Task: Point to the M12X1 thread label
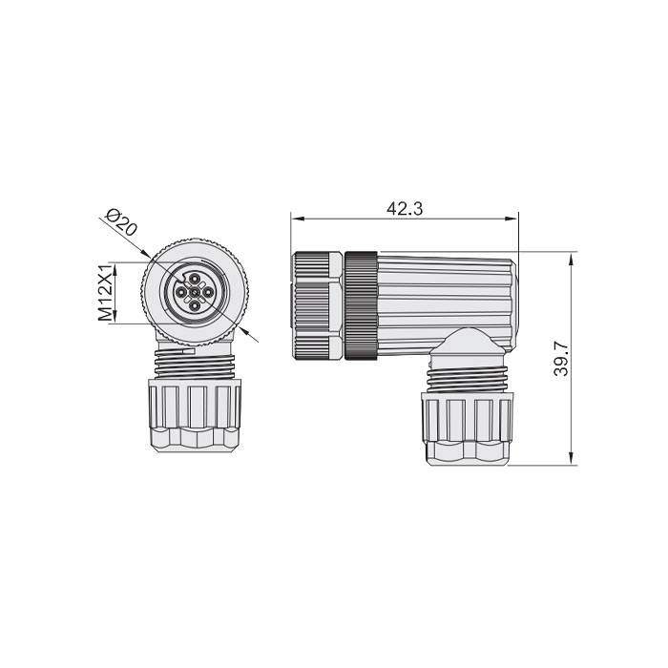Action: click(x=106, y=292)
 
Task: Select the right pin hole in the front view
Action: click(x=207, y=291)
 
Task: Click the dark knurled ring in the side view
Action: click(x=362, y=306)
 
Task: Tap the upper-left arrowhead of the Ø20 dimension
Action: click(x=145, y=254)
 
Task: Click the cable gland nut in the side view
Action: click(x=464, y=429)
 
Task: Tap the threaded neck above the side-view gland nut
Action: click(x=466, y=376)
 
